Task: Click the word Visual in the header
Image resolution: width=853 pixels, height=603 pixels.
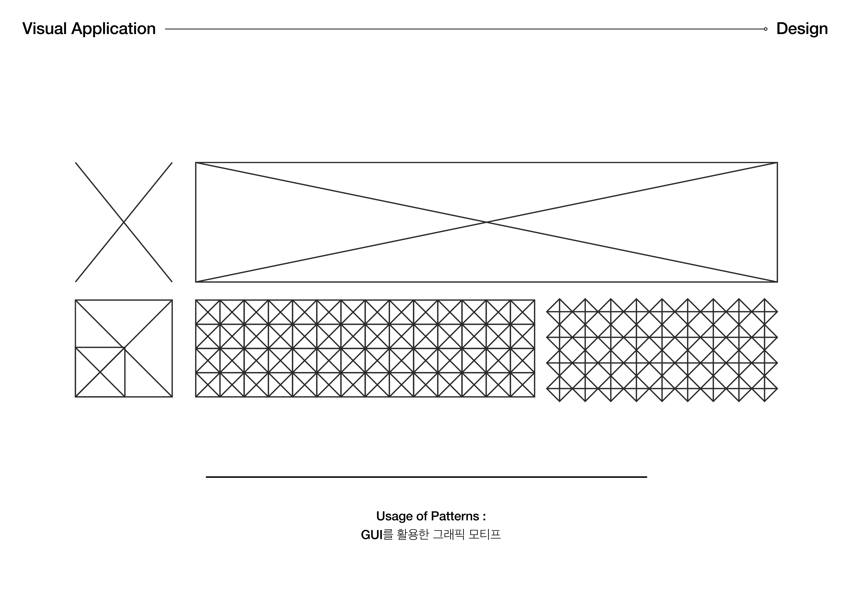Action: (44, 29)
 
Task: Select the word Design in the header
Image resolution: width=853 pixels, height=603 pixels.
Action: (802, 29)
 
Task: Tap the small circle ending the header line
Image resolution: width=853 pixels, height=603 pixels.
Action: (765, 29)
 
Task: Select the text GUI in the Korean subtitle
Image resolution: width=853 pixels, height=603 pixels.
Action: (372, 535)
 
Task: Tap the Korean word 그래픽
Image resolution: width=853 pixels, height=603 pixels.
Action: (449, 535)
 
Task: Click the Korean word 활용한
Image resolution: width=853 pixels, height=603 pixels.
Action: (413, 535)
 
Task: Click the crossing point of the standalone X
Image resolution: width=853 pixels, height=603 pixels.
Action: (124, 222)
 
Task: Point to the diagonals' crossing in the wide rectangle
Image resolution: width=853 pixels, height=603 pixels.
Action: (486, 222)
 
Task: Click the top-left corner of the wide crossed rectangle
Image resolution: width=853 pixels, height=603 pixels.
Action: (196, 163)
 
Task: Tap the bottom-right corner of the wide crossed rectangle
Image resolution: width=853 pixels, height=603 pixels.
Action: (777, 282)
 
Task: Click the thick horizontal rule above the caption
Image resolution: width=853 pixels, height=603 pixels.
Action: (426, 477)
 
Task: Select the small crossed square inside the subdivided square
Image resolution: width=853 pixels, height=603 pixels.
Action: (100, 372)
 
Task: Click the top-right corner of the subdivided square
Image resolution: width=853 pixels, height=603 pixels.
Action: (172, 300)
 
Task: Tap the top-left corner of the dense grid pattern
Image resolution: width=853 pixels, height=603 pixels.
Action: (196, 300)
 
